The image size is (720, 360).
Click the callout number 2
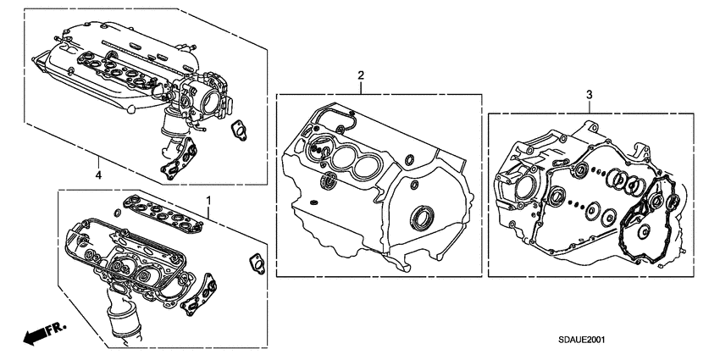(x=360, y=76)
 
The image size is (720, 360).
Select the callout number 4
(x=98, y=175)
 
